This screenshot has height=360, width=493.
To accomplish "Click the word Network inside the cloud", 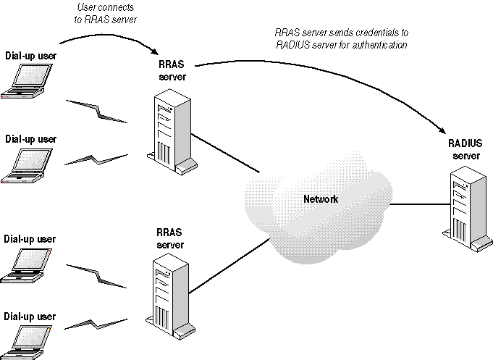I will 320,199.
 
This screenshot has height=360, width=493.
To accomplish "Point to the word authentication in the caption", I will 377,45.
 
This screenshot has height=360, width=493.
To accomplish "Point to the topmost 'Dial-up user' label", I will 30,55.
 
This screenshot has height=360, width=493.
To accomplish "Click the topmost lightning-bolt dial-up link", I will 98,110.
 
